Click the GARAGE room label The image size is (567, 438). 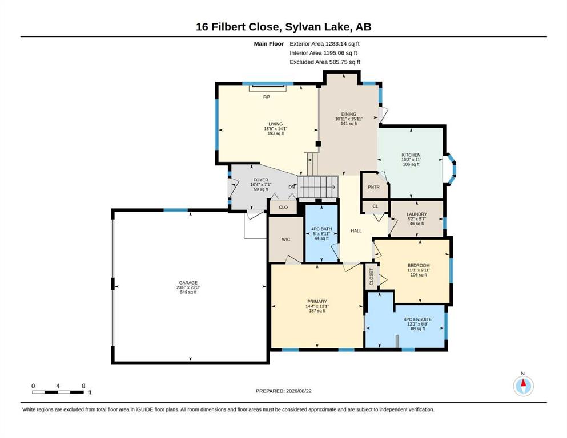click(x=188, y=283)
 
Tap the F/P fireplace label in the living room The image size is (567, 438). click(x=267, y=97)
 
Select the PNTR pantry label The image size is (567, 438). click(x=373, y=187)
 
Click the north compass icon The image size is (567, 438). click(x=523, y=386)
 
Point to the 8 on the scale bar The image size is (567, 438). click(x=83, y=386)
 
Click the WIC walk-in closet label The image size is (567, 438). click(x=285, y=240)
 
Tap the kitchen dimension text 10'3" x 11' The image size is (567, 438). click(x=411, y=160)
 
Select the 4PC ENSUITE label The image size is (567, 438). click(x=417, y=319)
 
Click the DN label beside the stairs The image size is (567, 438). click(x=292, y=186)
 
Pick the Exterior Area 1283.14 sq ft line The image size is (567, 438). click(x=324, y=44)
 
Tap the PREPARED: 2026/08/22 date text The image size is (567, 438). click(x=283, y=391)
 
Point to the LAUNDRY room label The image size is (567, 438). click(x=417, y=214)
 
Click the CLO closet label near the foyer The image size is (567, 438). click(x=283, y=207)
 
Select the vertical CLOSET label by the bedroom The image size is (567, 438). click(x=371, y=277)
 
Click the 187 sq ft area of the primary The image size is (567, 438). click(x=317, y=311)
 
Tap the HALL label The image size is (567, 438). click(x=356, y=230)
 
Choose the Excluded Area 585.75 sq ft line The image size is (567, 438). click(x=325, y=62)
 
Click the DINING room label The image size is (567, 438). click(x=348, y=114)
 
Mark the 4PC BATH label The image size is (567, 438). click(x=321, y=229)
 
